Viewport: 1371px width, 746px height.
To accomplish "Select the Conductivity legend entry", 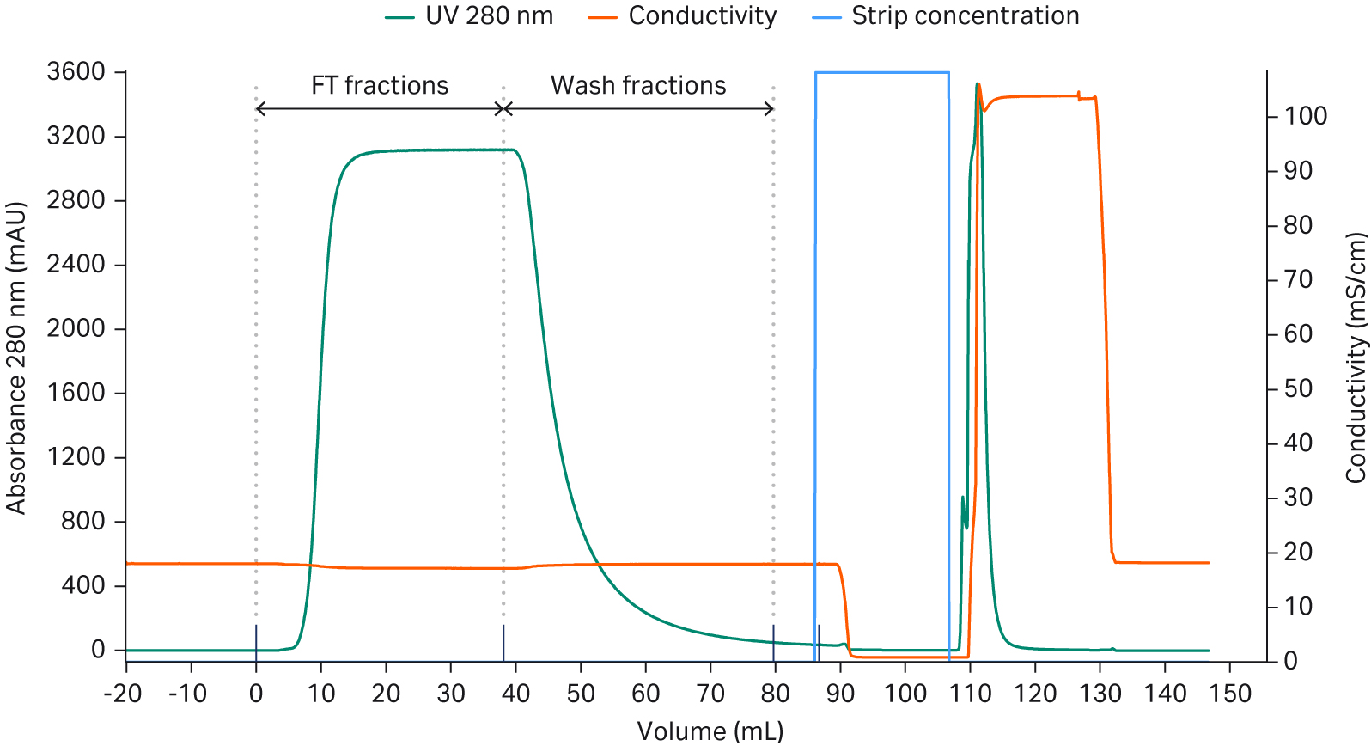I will [683, 16].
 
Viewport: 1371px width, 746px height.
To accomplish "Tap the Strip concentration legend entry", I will [946, 16].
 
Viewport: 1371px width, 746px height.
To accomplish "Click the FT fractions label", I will [380, 85].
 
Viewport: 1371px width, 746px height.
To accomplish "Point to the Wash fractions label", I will [638, 85].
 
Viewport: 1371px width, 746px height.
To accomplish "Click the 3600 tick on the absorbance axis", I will [76, 71].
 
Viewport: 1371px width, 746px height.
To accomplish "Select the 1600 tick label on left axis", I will [76, 393].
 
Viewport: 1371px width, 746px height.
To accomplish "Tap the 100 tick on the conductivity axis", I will [1305, 116].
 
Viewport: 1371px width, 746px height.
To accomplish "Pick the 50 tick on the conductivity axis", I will [1298, 388].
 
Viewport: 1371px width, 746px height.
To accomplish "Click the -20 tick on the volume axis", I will [122, 694].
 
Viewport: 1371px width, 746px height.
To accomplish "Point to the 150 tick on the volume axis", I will [1230, 694].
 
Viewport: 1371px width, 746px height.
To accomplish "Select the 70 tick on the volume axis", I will [710, 694].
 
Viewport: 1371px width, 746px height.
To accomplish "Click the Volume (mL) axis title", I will [710, 731].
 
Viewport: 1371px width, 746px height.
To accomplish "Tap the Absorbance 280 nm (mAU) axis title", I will [15, 358].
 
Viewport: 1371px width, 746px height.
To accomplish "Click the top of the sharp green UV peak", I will [978, 84].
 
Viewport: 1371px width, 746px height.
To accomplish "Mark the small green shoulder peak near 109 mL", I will [962, 498].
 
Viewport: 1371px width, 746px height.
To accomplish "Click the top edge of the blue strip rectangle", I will [881, 73].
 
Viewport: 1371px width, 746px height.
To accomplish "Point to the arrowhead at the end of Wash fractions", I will [771, 108].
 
